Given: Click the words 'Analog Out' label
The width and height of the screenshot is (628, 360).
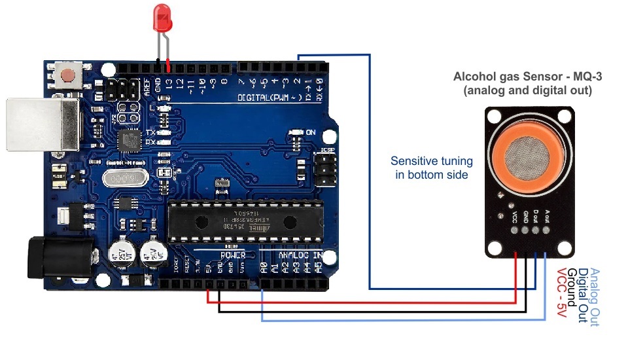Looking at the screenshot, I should tap(594, 298).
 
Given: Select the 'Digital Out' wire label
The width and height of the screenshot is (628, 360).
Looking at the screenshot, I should tap(583, 295).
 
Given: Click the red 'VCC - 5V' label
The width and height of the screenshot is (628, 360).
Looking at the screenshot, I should tap(561, 294).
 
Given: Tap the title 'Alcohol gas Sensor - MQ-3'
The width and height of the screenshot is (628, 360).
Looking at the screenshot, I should tap(527, 77).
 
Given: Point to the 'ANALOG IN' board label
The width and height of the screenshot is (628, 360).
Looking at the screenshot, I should tap(300, 255).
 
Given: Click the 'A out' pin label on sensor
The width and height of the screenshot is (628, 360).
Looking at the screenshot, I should tap(547, 215).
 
